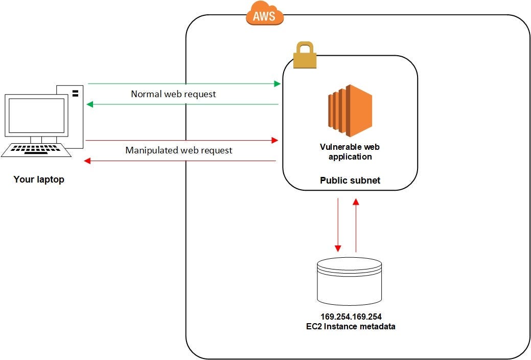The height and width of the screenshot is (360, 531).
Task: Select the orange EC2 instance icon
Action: (x=350, y=110)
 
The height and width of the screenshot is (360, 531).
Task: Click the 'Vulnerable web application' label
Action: (x=350, y=152)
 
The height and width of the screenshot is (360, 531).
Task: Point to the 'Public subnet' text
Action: (x=350, y=181)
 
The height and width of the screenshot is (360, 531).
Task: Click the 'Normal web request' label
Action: (x=173, y=94)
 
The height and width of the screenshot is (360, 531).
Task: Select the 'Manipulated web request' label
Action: (x=179, y=150)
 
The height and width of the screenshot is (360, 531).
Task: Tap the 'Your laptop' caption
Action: (x=39, y=179)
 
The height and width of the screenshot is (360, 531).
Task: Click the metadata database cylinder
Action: (x=350, y=281)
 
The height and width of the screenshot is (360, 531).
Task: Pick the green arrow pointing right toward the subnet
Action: (x=184, y=83)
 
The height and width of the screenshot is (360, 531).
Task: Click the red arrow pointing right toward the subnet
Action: (x=181, y=140)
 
